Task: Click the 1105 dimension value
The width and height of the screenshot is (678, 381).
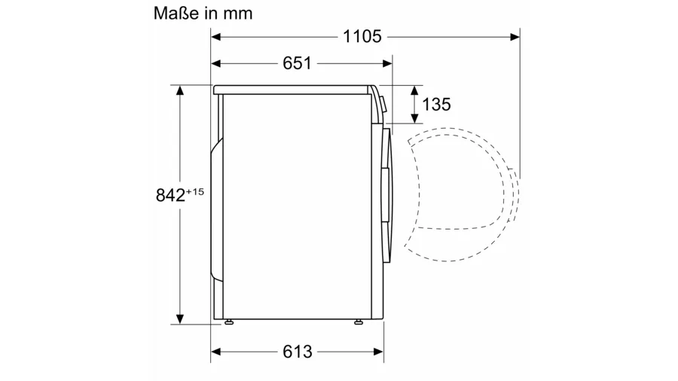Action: point(362,36)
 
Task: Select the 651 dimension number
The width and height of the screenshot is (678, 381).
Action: point(297,63)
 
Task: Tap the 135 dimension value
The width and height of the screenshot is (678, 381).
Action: point(436,105)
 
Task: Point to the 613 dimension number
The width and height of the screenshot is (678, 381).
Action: point(298,352)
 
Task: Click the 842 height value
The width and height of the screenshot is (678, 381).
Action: point(170,195)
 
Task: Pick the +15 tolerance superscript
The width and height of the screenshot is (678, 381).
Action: point(194,191)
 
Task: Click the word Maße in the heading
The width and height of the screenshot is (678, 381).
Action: point(176,14)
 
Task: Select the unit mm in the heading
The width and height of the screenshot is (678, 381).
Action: point(238,14)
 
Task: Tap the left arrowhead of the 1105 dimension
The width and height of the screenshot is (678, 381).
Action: point(216,37)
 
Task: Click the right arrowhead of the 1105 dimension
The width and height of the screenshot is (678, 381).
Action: point(515,37)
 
